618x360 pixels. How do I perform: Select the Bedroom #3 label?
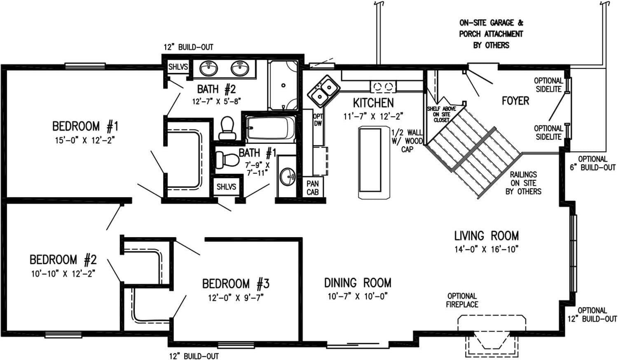(236, 284)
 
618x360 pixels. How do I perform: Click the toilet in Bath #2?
(227, 128)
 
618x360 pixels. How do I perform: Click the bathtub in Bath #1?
(271, 128)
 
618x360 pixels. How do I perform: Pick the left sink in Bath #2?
(209, 68)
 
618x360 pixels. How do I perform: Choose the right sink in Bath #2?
(240, 68)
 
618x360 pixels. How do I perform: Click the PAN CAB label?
(312, 188)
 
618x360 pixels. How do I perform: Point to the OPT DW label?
(318, 120)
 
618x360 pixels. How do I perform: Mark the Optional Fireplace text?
(462, 300)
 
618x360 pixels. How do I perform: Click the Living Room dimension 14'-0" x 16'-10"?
(486, 249)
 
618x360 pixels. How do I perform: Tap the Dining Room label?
(357, 283)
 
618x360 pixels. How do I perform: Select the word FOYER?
(515, 101)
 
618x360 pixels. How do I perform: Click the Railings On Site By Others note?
(523, 183)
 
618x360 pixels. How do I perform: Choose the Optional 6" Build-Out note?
(592, 163)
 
